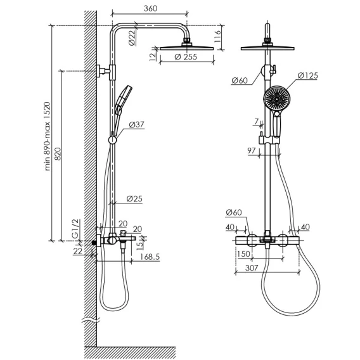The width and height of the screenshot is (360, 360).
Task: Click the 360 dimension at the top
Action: click(150, 8)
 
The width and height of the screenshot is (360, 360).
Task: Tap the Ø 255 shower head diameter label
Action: click(186, 56)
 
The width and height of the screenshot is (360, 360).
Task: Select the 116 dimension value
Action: click(217, 36)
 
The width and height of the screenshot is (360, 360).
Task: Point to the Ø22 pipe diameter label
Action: click(132, 38)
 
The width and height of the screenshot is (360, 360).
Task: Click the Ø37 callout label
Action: click(136, 125)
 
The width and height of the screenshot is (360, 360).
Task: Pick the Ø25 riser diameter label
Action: click(134, 199)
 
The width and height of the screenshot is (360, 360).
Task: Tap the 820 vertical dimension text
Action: click(58, 154)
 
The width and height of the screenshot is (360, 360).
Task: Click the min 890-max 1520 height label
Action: click(47, 136)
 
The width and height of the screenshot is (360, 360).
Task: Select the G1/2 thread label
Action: click(75, 229)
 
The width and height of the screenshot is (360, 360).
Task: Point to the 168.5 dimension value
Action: click(150, 257)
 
